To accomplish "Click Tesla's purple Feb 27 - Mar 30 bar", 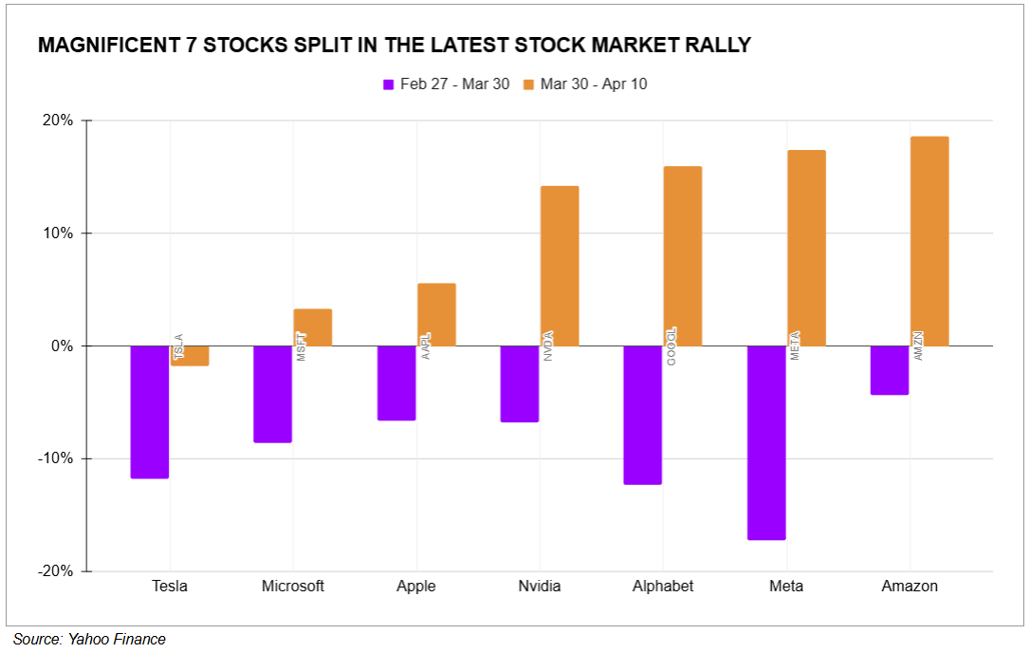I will (x=150, y=412).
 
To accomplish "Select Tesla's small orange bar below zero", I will (x=191, y=356).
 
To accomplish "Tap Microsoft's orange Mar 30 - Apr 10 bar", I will (x=313, y=327).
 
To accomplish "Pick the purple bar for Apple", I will (x=396, y=382).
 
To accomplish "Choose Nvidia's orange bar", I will (x=560, y=266).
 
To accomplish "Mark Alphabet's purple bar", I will (x=643, y=415).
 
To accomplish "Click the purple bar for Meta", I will (x=766, y=442).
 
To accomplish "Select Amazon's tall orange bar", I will (x=929, y=241).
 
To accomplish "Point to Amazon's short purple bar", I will (x=890, y=370).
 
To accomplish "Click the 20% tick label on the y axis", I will (x=58, y=121).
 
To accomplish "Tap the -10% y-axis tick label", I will (x=55, y=458).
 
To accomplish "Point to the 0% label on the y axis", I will (x=62, y=346).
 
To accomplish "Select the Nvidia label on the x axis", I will (x=540, y=586).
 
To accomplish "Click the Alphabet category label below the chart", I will (x=663, y=586).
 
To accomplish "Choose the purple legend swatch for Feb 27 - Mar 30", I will (x=388, y=84).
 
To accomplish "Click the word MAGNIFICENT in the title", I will (x=110, y=46).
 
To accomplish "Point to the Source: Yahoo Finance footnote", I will (x=89, y=640).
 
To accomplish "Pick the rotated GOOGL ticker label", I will (x=671, y=346).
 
